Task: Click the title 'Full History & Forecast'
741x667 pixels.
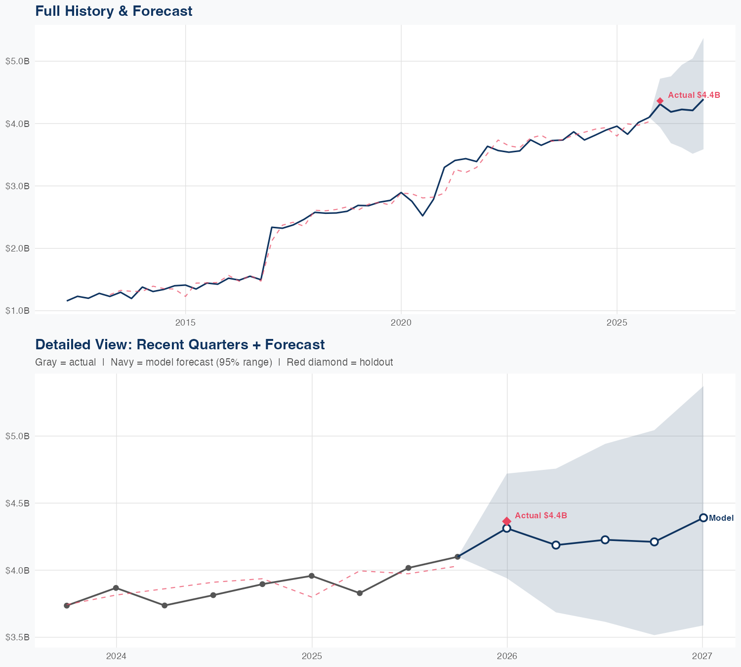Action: (x=114, y=11)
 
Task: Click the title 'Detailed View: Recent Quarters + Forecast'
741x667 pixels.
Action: (x=180, y=344)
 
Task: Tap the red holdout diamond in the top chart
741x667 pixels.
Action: (x=660, y=101)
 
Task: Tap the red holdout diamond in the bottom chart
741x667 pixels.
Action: (x=507, y=521)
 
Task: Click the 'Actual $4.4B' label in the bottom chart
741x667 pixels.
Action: (x=540, y=515)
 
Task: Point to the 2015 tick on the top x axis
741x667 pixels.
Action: (x=185, y=323)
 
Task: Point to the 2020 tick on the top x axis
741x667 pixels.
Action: (x=401, y=323)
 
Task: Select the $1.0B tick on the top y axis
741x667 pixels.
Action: (x=17, y=311)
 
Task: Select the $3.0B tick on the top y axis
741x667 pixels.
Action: (x=17, y=186)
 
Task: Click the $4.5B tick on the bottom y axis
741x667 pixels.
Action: (x=17, y=503)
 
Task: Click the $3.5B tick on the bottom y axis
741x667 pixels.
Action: (x=17, y=637)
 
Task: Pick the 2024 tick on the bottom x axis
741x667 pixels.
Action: (x=117, y=656)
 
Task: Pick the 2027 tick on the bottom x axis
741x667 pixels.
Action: (x=702, y=656)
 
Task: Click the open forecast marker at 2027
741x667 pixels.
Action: (x=703, y=518)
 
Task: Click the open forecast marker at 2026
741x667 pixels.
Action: (x=507, y=528)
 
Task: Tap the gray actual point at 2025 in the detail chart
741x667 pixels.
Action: (x=312, y=576)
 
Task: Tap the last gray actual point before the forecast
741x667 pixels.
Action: (x=457, y=557)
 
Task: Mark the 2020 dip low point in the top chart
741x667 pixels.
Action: (x=422, y=215)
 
